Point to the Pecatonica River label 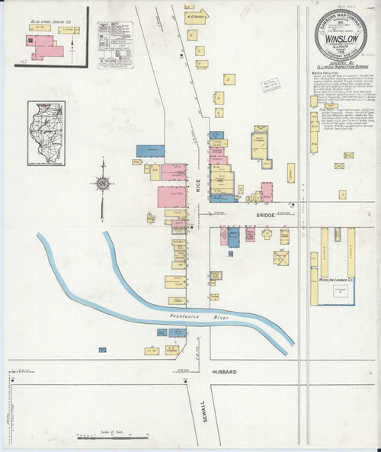pos(194,314)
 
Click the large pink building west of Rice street pos(173,196)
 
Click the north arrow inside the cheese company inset pos(72,47)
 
